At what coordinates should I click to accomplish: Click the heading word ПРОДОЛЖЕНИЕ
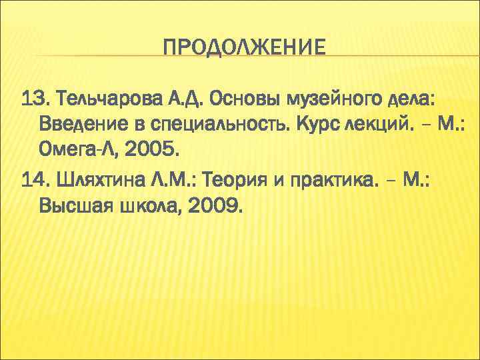245,49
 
